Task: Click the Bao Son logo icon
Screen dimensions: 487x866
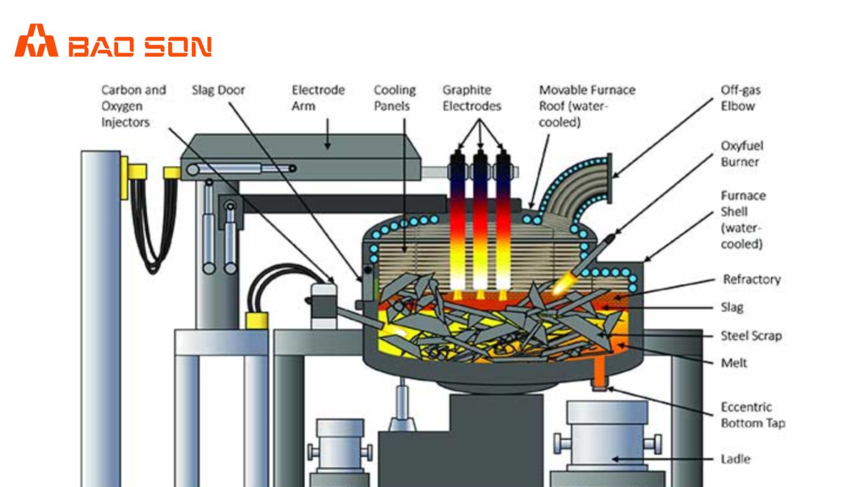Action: pos(36,41)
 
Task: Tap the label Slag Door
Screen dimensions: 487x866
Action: pos(218,90)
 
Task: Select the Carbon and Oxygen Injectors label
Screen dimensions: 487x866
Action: pos(134,106)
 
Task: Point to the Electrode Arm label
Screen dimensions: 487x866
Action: pos(318,98)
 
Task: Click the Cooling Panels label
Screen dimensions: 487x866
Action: pos(395,98)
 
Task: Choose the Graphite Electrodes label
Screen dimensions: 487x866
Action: pos(471,98)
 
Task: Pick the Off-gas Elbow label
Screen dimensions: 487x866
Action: pos(740,98)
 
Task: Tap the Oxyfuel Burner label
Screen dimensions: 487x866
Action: pos(742,154)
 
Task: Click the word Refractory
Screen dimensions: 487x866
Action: pos(752,279)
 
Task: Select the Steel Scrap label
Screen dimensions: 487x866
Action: pos(751,336)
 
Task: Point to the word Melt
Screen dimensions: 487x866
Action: pos(734,363)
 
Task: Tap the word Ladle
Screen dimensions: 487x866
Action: pos(735,459)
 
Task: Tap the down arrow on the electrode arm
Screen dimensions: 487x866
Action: pos(328,142)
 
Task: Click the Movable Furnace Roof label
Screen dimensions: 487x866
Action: pos(586,106)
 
